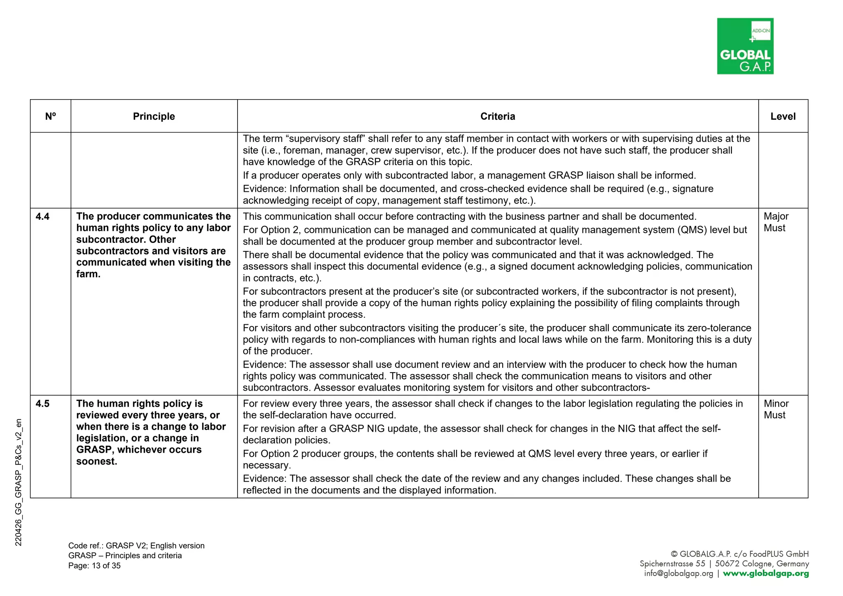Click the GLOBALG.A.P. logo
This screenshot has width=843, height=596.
(x=745, y=46)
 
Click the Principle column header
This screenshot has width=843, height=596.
(x=154, y=116)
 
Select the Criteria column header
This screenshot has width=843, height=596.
(x=497, y=116)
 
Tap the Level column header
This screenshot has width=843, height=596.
(x=782, y=116)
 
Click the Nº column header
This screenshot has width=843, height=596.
(x=50, y=116)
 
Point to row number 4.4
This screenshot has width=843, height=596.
(x=42, y=217)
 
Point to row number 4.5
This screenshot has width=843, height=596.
(x=42, y=404)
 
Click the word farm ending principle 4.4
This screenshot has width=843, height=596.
(x=88, y=274)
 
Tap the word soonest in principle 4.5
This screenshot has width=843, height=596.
(x=96, y=461)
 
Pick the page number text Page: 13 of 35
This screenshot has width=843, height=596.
(x=94, y=566)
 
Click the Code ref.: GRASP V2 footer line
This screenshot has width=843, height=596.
(x=136, y=546)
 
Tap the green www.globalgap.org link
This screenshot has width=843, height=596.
(x=766, y=574)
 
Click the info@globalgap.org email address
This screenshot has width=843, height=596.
(x=678, y=574)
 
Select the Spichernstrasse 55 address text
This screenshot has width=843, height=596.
(x=672, y=564)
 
